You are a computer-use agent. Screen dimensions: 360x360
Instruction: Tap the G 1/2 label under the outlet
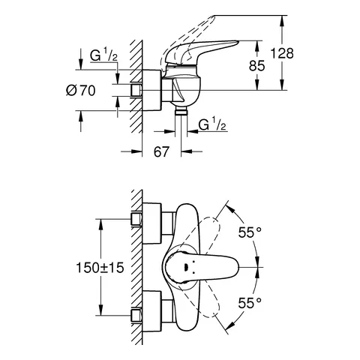click(x=213, y=125)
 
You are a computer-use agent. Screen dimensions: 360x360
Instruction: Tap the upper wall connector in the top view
click(x=137, y=218)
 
